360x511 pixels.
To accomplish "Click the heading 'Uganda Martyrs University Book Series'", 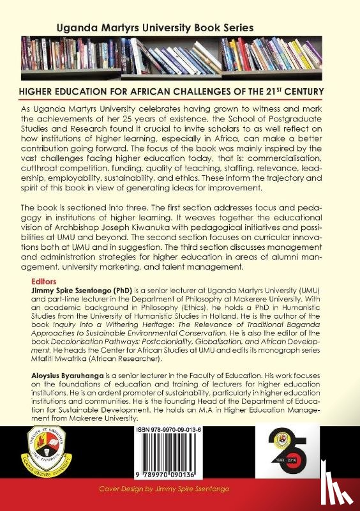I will (x=155, y=28).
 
